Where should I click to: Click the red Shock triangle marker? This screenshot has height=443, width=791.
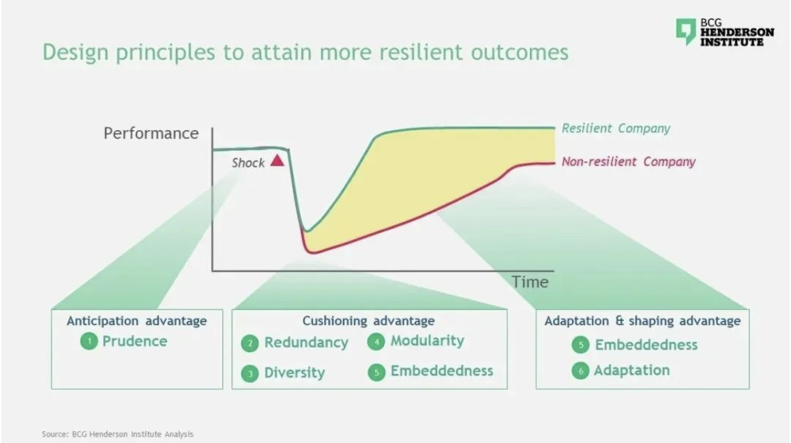(x=278, y=161)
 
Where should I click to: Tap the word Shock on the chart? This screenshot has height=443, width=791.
(x=248, y=163)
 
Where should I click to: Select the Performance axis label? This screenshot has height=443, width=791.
(x=151, y=133)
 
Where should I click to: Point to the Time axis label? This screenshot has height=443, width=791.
(x=530, y=281)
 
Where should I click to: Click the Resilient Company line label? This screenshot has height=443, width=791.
(x=616, y=129)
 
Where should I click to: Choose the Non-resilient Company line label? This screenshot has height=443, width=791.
(x=629, y=162)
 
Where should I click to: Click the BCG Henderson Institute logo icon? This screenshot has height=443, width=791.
(x=685, y=32)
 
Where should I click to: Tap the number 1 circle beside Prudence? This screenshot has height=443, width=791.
(x=89, y=341)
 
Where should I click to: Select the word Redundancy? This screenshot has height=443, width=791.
(x=306, y=343)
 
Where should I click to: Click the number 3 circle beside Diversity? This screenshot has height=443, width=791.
(x=250, y=373)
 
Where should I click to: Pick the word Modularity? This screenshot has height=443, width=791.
(x=428, y=341)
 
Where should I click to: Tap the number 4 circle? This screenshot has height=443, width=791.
(x=376, y=342)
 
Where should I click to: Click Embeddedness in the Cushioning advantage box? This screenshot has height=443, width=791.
(x=442, y=371)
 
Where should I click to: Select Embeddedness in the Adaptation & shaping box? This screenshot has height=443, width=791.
(x=646, y=345)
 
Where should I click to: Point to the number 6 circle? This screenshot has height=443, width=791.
(x=581, y=371)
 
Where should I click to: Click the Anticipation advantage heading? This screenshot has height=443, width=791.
(x=136, y=321)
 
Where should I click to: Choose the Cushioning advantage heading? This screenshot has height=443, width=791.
(x=368, y=321)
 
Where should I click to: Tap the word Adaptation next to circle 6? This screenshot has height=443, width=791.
(x=631, y=371)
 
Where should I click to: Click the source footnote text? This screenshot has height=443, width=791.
(x=117, y=434)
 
